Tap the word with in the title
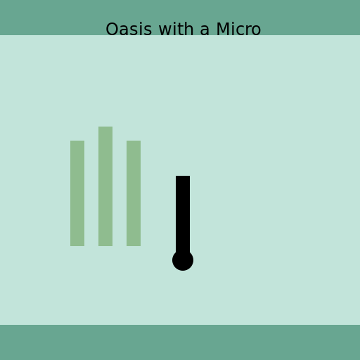(174, 30)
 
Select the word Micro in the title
(238, 30)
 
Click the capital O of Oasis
(112, 30)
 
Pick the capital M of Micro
(223, 30)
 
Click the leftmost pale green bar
(77, 193)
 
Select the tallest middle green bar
(105, 186)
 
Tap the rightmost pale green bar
(134, 193)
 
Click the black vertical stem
(183, 211)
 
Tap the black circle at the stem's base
(183, 260)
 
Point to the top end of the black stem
(183, 178)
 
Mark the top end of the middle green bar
(105, 129)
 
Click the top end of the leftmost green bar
(77, 143)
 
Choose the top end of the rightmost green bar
(134, 143)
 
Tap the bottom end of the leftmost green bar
(77, 244)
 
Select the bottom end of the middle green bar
(105, 244)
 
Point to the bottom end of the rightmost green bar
(134, 244)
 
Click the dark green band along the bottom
(180, 342)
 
